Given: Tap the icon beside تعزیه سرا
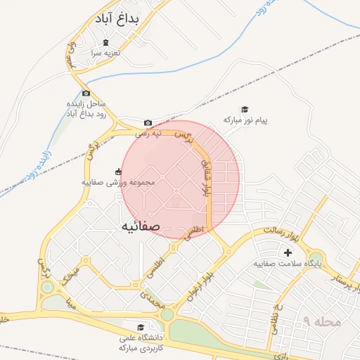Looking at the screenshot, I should point(105,43).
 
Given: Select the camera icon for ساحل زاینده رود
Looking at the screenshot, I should point(86,93).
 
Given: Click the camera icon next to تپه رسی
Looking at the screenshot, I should point(148,122).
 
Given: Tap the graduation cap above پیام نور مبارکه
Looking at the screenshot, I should point(245,109).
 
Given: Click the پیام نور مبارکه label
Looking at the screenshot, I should point(245,121).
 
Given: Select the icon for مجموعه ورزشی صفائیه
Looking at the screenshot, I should point(117,172).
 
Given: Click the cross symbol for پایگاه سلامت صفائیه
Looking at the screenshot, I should point(288,252).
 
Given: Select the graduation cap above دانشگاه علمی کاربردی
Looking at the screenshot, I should point(141,327).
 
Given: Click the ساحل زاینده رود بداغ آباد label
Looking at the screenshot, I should point(85,108).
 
